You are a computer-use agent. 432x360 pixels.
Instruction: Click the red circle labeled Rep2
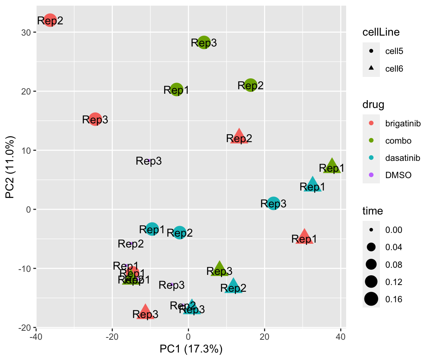click(50, 20)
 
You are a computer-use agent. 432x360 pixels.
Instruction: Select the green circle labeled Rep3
click(204, 42)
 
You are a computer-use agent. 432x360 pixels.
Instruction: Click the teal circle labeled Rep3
click(273, 203)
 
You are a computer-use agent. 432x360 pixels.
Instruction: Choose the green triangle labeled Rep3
click(219, 269)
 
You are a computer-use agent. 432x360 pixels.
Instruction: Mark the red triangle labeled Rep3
click(145, 312)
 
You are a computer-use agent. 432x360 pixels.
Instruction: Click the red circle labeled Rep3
click(95, 120)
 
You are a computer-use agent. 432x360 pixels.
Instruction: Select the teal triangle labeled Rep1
click(313, 185)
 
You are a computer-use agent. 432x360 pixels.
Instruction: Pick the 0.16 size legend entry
click(394, 299)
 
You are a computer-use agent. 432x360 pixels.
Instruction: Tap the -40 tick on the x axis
click(36, 334)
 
